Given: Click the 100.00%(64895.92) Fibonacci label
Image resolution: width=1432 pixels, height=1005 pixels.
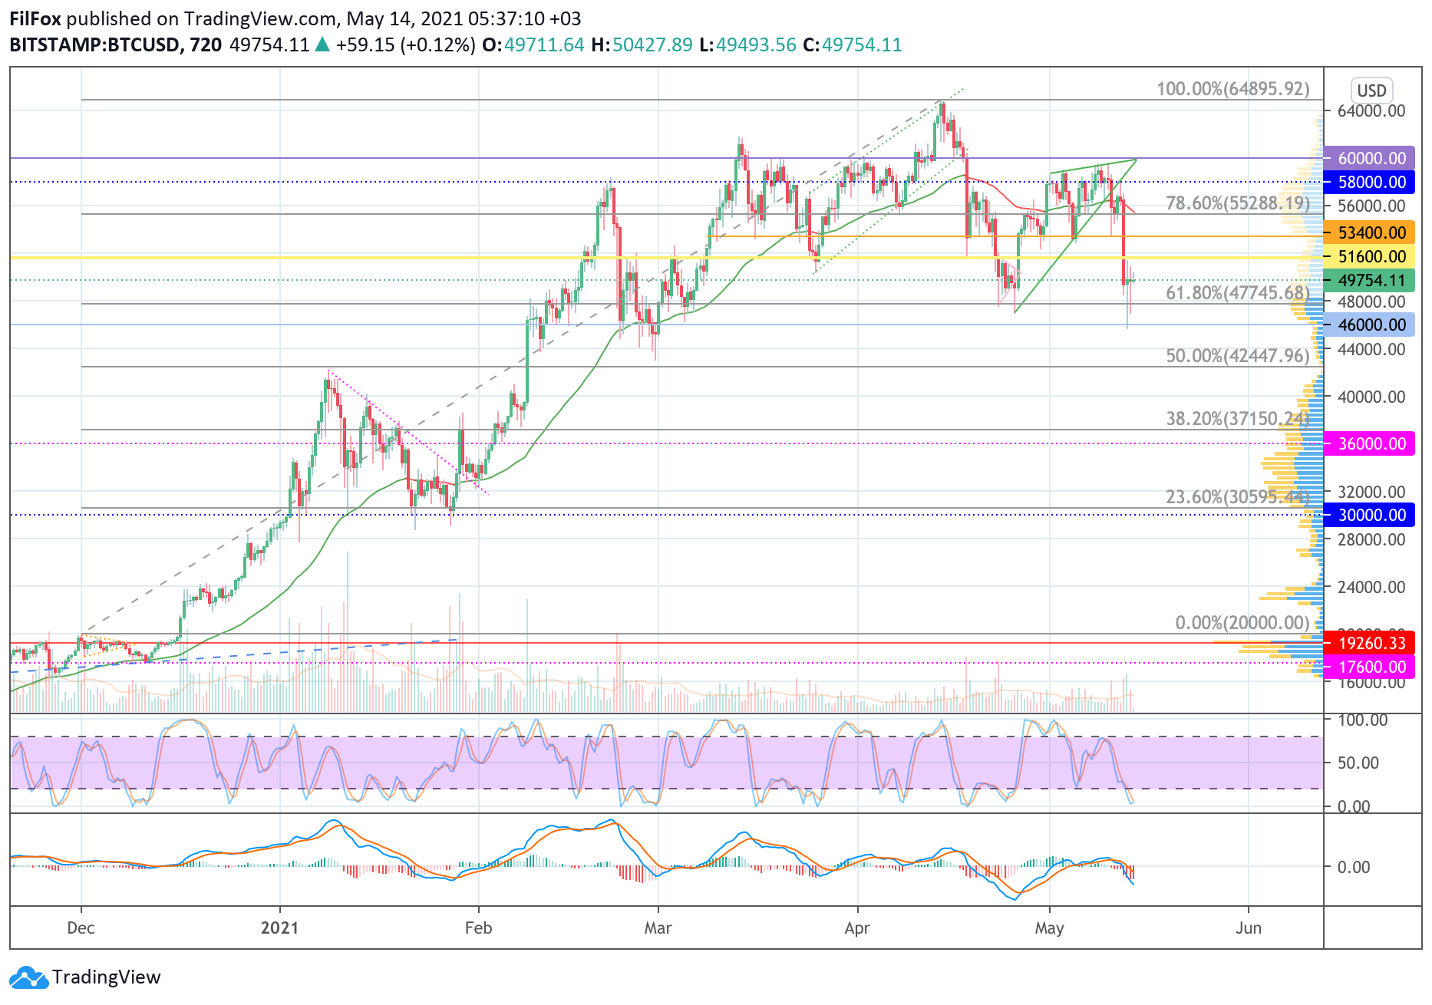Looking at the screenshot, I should click(1232, 89).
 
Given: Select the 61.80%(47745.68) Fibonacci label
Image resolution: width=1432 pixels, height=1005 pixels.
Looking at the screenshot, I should click(1237, 292).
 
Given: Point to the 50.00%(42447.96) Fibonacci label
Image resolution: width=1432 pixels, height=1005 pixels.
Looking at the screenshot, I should click(1237, 356).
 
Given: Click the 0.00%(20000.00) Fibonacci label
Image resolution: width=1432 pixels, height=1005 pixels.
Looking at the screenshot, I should click(1242, 622).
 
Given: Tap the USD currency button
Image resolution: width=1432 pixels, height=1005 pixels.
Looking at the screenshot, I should click(1371, 91).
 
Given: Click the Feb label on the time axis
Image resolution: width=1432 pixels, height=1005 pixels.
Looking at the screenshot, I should click(478, 928).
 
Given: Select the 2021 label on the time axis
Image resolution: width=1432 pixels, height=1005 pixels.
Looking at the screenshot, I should click(279, 928).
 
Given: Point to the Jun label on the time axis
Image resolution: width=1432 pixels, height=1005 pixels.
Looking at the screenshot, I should click(1248, 928).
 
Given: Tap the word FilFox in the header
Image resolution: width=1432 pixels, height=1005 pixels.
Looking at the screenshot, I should click(35, 18).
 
